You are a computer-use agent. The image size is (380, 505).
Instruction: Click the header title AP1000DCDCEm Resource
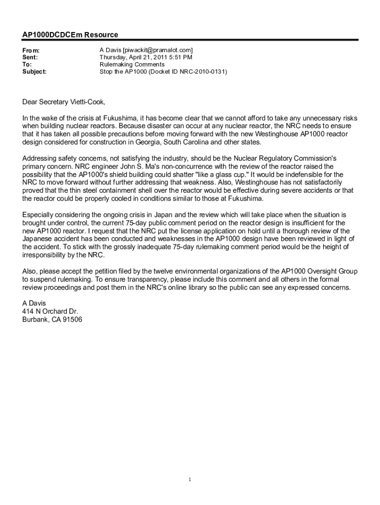pos(70,35)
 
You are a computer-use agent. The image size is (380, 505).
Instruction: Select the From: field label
pos(31,51)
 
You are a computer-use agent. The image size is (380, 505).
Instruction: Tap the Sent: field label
pos(31,58)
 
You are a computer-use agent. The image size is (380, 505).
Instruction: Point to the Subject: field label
pos(35,72)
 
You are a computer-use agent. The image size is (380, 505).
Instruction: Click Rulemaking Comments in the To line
pos(132,65)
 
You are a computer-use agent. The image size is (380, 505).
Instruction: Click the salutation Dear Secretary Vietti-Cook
pos(64,103)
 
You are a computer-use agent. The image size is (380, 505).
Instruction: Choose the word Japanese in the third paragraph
pos(38,239)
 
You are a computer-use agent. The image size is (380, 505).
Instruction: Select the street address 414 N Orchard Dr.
pos(50,312)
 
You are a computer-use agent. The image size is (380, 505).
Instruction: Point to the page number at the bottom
pos(190,479)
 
